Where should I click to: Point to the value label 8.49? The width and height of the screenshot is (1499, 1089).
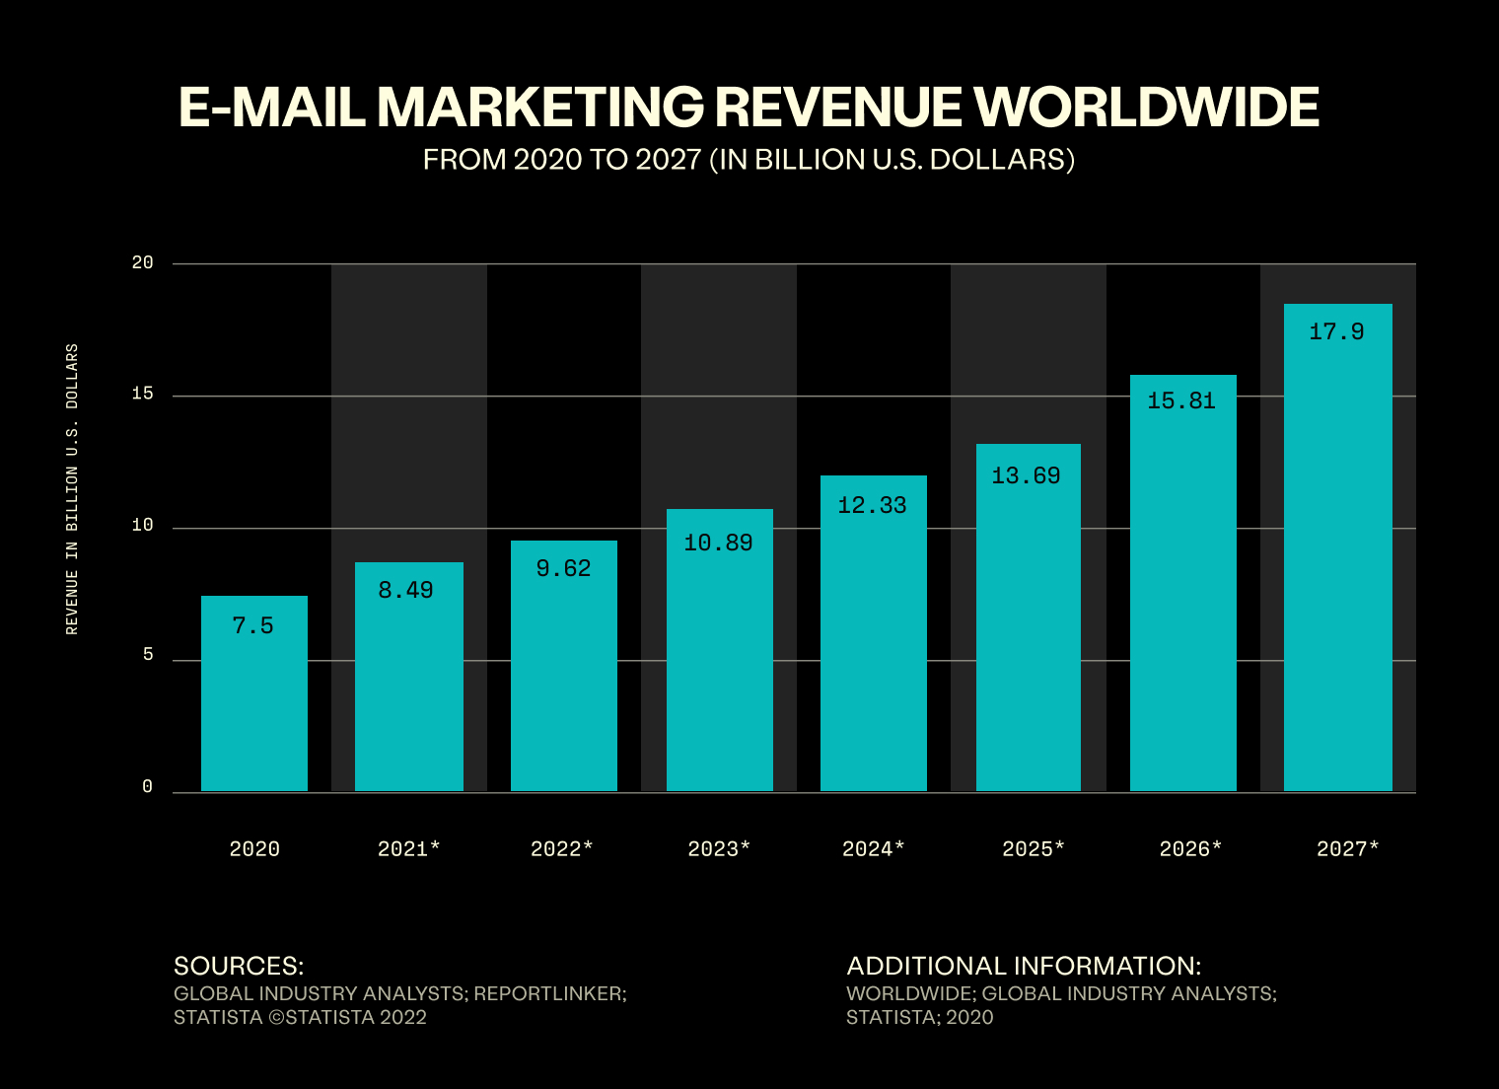[406, 590]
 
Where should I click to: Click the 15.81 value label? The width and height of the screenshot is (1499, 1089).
[1181, 400]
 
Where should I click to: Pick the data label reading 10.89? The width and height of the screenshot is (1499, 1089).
[718, 543]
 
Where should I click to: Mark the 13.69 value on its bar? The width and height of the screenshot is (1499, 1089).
[1026, 475]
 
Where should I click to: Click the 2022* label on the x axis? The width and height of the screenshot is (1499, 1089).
[562, 848]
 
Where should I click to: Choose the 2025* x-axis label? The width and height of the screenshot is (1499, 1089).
[1034, 848]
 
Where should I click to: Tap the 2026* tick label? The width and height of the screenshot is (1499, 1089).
[1190, 848]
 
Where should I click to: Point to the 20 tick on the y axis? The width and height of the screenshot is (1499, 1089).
[143, 262]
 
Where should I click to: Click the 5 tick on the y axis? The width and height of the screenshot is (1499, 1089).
[148, 655]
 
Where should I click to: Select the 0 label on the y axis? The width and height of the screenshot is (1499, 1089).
[148, 787]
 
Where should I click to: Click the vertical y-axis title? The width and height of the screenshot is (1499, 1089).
[72, 488]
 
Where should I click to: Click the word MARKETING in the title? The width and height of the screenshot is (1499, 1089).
[540, 107]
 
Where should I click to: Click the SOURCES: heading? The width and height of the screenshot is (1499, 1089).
[239, 966]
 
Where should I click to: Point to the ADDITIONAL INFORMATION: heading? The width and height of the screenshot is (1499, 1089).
[1024, 966]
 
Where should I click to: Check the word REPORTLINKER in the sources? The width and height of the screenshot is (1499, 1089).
[549, 993]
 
